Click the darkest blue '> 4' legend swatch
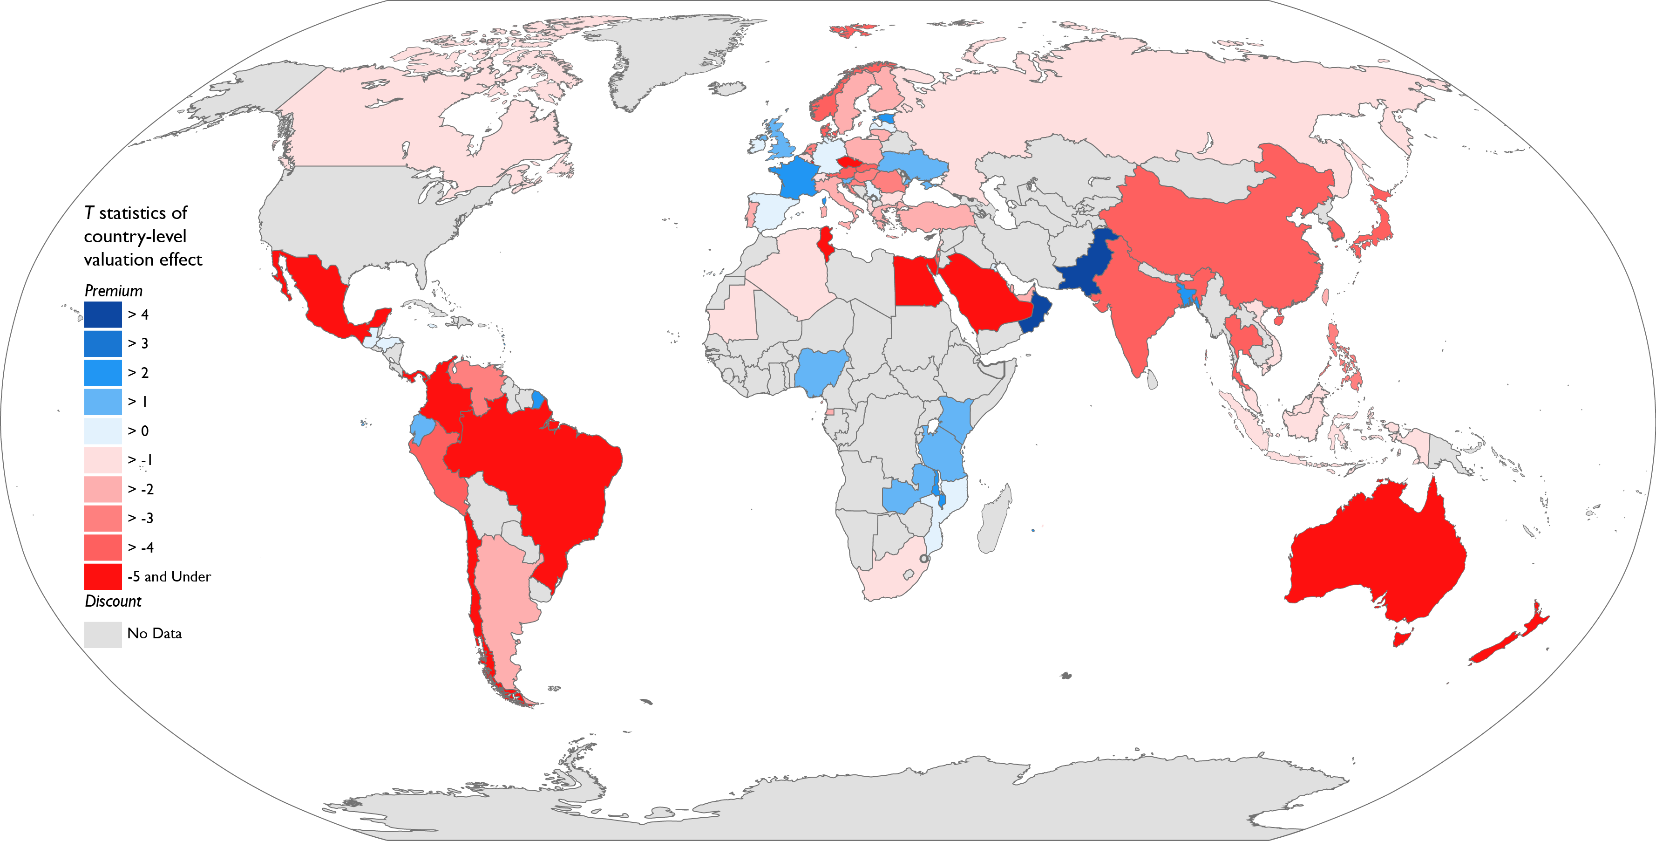click(103, 315)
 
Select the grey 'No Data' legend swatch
click(103, 634)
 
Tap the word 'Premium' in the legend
click(113, 291)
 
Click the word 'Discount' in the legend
click(113, 601)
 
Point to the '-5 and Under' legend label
click(169, 577)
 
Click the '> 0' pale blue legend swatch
click(103, 431)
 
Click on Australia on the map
click(1376, 560)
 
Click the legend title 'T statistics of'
click(136, 213)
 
